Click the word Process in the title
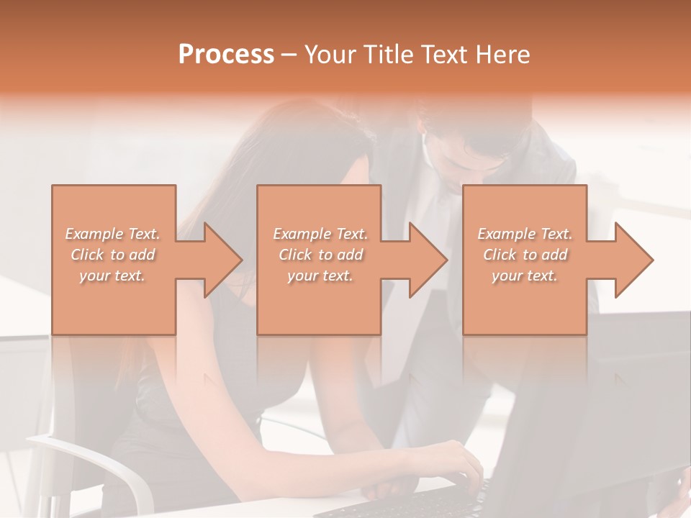click(x=226, y=55)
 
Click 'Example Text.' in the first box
click(x=112, y=234)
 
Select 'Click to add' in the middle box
click(x=320, y=255)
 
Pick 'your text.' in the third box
click(x=524, y=276)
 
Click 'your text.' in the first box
click(x=112, y=276)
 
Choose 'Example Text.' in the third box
click(x=525, y=234)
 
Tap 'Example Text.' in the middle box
click(x=320, y=234)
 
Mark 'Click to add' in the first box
click(x=112, y=255)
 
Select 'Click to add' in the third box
click(x=525, y=255)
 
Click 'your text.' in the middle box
click(x=320, y=276)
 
